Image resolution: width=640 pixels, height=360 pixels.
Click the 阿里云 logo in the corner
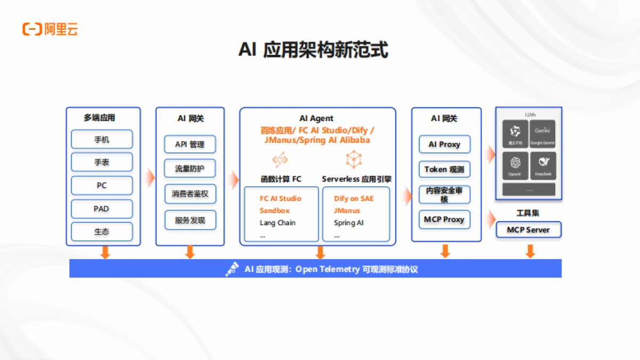tap(50, 29)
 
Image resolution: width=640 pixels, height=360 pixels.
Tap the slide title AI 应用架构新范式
tap(313, 50)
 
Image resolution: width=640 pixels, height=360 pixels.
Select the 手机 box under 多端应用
tap(102, 140)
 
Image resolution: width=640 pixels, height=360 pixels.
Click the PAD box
tap(102, 209)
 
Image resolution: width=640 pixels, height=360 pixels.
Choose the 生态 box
tap(102, 231)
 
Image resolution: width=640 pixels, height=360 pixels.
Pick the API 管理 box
tap(189, 145)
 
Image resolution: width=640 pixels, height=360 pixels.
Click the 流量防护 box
tap(189, 169)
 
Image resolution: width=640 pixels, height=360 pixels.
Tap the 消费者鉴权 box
tap(189, 194)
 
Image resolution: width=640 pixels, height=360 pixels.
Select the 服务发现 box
tap(189, 220)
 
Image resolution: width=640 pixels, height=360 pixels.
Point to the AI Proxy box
tap(444, 145)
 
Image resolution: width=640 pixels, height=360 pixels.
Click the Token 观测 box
tap(444, 170)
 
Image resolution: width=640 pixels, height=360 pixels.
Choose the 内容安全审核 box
tap(444, 195)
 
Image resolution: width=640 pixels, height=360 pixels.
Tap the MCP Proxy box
tap(444, 219)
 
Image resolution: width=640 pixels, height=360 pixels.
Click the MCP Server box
tap(528, 230)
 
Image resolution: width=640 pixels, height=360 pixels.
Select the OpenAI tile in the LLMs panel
tap(515, 165)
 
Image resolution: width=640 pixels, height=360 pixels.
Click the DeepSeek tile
tap(542, 165)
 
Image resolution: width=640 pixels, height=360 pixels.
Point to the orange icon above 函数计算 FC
tap(280, 159)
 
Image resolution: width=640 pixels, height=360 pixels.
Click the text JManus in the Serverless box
tap(347, 211)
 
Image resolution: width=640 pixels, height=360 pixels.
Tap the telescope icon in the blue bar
tap(231, 269)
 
